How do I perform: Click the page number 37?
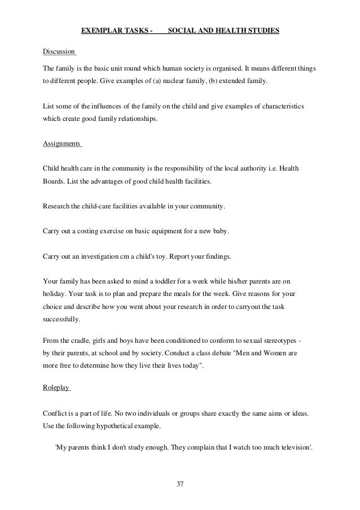pyautogui.click(x=181, y=484)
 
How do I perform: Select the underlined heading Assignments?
pyautogui.click(x=62, y=143)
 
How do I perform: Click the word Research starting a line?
pyautogui.click(x=57, y=206)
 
